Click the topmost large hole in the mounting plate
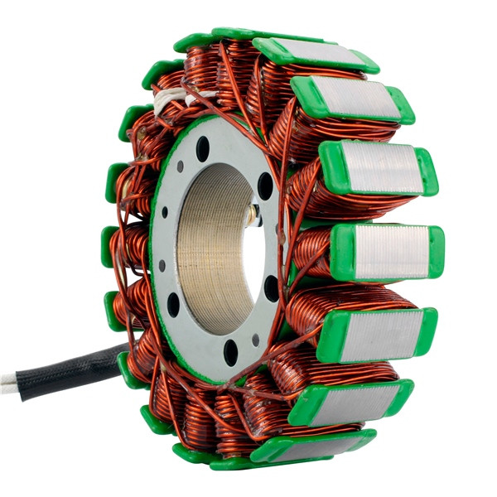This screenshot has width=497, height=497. tap(203, 149)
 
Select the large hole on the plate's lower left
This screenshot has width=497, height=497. tap(173, 304)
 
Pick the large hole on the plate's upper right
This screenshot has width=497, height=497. tap(265, 186)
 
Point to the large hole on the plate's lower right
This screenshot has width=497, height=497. tap(271, 287)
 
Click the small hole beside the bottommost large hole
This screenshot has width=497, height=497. tap(255, 340)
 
